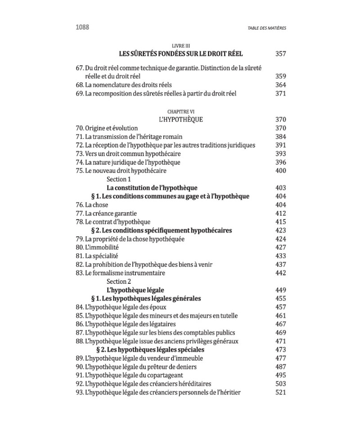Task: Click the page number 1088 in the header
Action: pos(82,27)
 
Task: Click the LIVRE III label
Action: pos(182,46)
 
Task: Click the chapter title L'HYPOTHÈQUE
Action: pos(181,120)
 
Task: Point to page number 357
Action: pos(280,54)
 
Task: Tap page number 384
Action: pos(280,137)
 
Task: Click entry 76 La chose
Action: pos(91,205)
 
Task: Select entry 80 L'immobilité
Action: pos(97,247)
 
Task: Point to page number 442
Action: pos(280,273)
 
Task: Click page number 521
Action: pos(280,393)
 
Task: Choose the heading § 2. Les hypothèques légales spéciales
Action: pos(151,350)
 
